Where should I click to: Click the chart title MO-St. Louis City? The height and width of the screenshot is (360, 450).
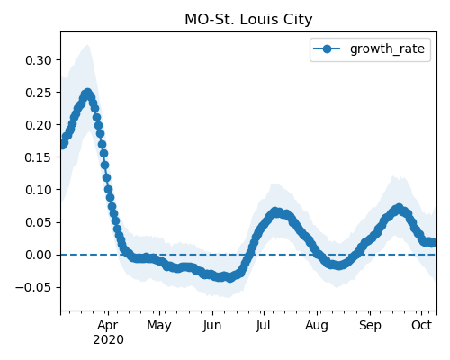(248, 20)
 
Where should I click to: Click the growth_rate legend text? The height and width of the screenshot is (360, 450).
(387, 49)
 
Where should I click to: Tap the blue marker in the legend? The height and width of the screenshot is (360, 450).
(327, 49)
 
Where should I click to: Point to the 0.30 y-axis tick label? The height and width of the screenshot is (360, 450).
(39, 60)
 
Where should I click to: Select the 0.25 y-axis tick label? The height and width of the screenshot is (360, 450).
(39, 93)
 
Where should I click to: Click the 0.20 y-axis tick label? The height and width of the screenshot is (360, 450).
(39, 125)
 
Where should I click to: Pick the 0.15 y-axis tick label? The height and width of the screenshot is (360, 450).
(39, 157)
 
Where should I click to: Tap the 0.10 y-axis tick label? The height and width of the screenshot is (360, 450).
(39, 190)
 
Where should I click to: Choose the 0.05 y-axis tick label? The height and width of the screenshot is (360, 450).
(39, 222)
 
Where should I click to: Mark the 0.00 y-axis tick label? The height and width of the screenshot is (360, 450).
(39, 255)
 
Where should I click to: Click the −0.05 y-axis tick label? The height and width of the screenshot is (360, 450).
(34, 287)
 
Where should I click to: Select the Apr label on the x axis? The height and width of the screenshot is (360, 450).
(108, 326)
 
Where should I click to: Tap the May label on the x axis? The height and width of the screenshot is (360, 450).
(159, 326)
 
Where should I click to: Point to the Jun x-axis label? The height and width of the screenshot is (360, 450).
(212, 326)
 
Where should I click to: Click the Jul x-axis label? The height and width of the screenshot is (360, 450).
(263, 326)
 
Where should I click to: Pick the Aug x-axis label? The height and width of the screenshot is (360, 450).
(317, 326)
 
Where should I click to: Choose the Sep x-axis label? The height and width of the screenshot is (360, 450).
(370, 326)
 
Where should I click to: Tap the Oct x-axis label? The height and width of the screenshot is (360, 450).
(421, 325)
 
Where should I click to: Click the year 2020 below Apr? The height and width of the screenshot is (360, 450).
(108, 340)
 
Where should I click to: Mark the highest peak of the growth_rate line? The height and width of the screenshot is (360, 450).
(87, 94)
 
